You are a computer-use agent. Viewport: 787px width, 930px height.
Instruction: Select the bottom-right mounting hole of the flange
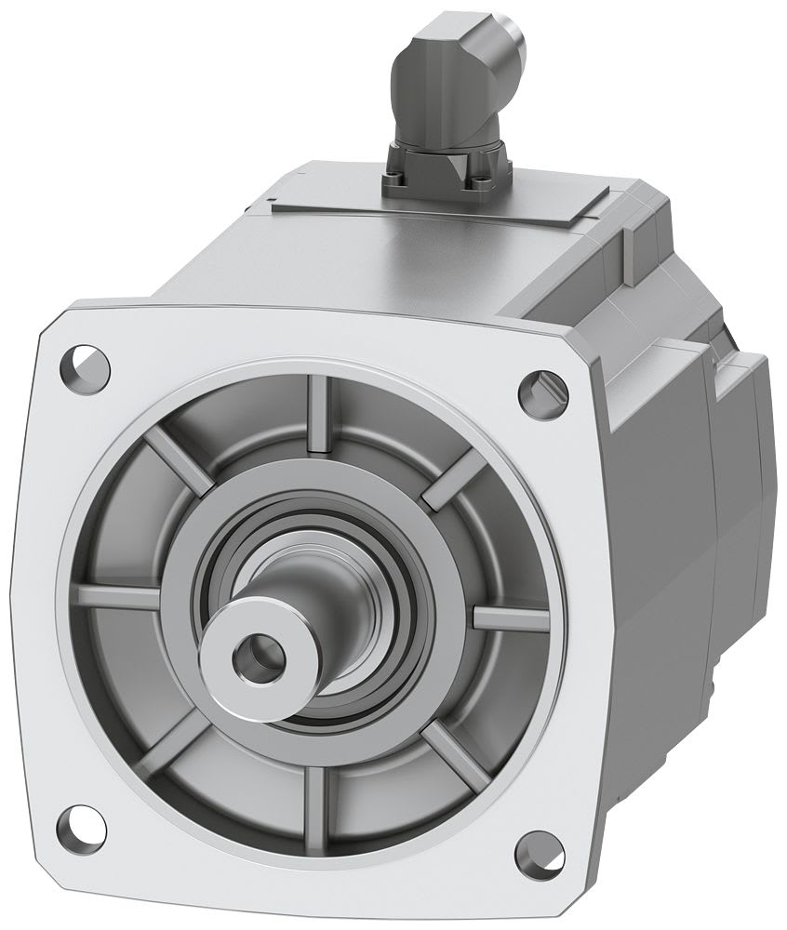[532, 848]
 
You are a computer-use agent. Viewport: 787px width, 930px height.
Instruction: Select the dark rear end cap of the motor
[740, 465]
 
